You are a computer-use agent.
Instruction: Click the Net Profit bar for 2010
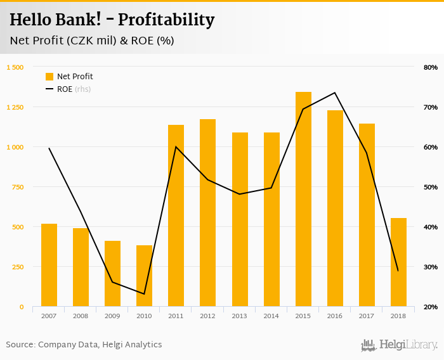pos(145,276)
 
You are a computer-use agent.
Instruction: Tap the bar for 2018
pos(398,262)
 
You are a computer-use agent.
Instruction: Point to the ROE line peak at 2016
pos(335,93)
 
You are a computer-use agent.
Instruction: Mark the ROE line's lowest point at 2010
pos(145,294)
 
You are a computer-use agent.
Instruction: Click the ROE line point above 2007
pos(49,148)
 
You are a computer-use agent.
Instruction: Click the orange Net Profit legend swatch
pos(49,77)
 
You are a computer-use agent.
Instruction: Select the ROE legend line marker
pos(49,89)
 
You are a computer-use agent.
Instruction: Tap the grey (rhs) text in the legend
pos(83,89)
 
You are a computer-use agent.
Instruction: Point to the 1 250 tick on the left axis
pos(15,107)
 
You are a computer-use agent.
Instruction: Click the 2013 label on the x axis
pos(240,316)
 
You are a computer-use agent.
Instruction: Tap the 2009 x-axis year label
pos(112,316)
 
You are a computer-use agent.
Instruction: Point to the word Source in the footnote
pos(20,345)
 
